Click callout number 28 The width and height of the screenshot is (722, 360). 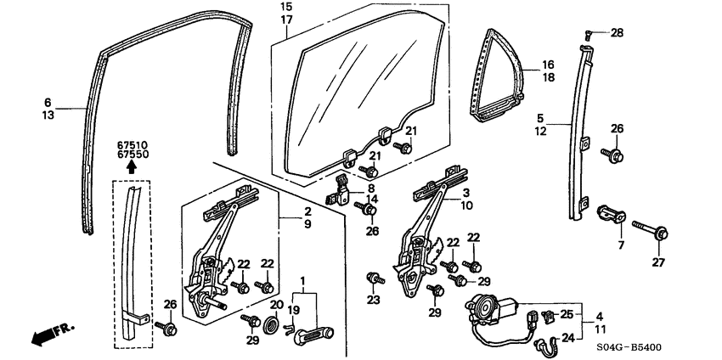click(x=617, y=33)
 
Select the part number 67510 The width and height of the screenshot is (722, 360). click(x=132, y=145)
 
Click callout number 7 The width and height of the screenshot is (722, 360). click(x=621, y=245)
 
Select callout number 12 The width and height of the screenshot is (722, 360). click(x=540, y=132)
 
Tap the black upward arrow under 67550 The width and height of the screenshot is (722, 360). click(x=131, y=168)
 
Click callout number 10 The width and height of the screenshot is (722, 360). click(x=466, y=205)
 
